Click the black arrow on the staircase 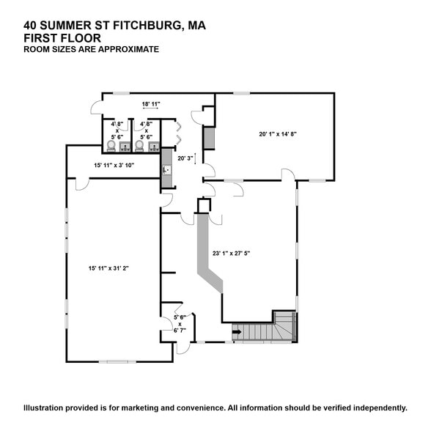[x=236, y=331]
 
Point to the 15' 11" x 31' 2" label [x=114, y=268]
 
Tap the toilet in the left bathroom [x=111, y=145]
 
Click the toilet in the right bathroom [x=141, y=145]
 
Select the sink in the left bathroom [x=124, y=147]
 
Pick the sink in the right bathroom [x=154, y=147]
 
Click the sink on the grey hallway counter [x=166, y=169]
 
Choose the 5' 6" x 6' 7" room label [x=180, y=323]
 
